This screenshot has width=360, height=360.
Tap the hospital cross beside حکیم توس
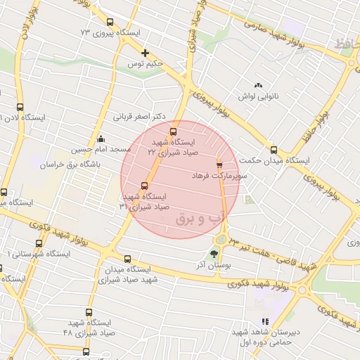click(146, 53)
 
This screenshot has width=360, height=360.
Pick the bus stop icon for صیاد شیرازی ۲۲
click(172, 131)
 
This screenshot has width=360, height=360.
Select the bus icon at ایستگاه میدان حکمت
click(274, 149)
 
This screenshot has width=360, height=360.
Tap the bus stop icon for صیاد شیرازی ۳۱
click(144, 186)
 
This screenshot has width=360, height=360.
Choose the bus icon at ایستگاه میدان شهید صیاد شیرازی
click(127, 258)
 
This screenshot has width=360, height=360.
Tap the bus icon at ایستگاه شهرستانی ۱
click(39, 243)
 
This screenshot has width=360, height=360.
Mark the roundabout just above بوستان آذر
click(220, 240)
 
